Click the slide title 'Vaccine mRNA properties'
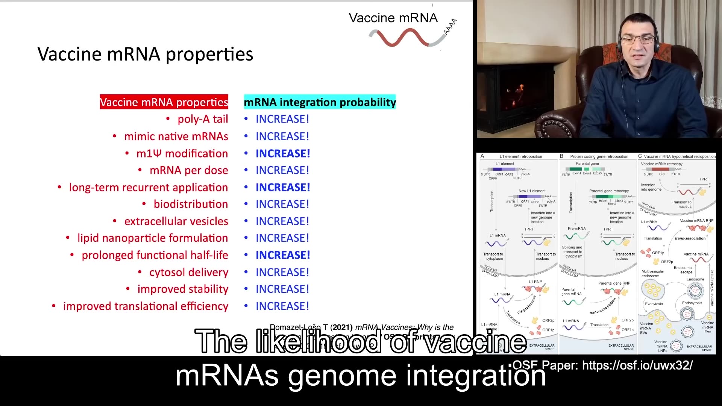pyautogui.click(x=145, y=54)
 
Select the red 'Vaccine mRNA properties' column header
pyautogui.click(x=164, y=102)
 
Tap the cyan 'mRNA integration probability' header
pyautogui.click(x=320, y=102)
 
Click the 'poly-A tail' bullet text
pyautogui.click(x=203, y=119)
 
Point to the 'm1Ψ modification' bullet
pyautogui.click(x=182, y=153)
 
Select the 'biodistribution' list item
pyautogui.click(x=191, y=204)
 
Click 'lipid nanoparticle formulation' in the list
pyautogui.click(x=152, y=238)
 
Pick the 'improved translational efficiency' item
pyautogui.click(x=146, y=306)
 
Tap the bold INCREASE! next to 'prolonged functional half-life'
pyautogui.click(x=283, y=255)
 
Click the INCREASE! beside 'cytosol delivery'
pyautogui.click(x=282, y=272)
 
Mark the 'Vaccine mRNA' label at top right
pyautogui.click(x=393, y=18)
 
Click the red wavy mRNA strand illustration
pyautogui.click(x=402, y=38)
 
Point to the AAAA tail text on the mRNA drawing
pyautogui.click(x=450, y=27)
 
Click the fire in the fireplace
pyautogui.click(x=517, y=91)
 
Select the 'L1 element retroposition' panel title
pyautogui.click(x=521, y=156)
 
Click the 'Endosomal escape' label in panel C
pyautogui.click(x=683, y=270)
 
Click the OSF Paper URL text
pyautogui.click(x=637, y=365)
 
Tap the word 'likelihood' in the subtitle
pyautogui.click(x=318, y=341)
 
